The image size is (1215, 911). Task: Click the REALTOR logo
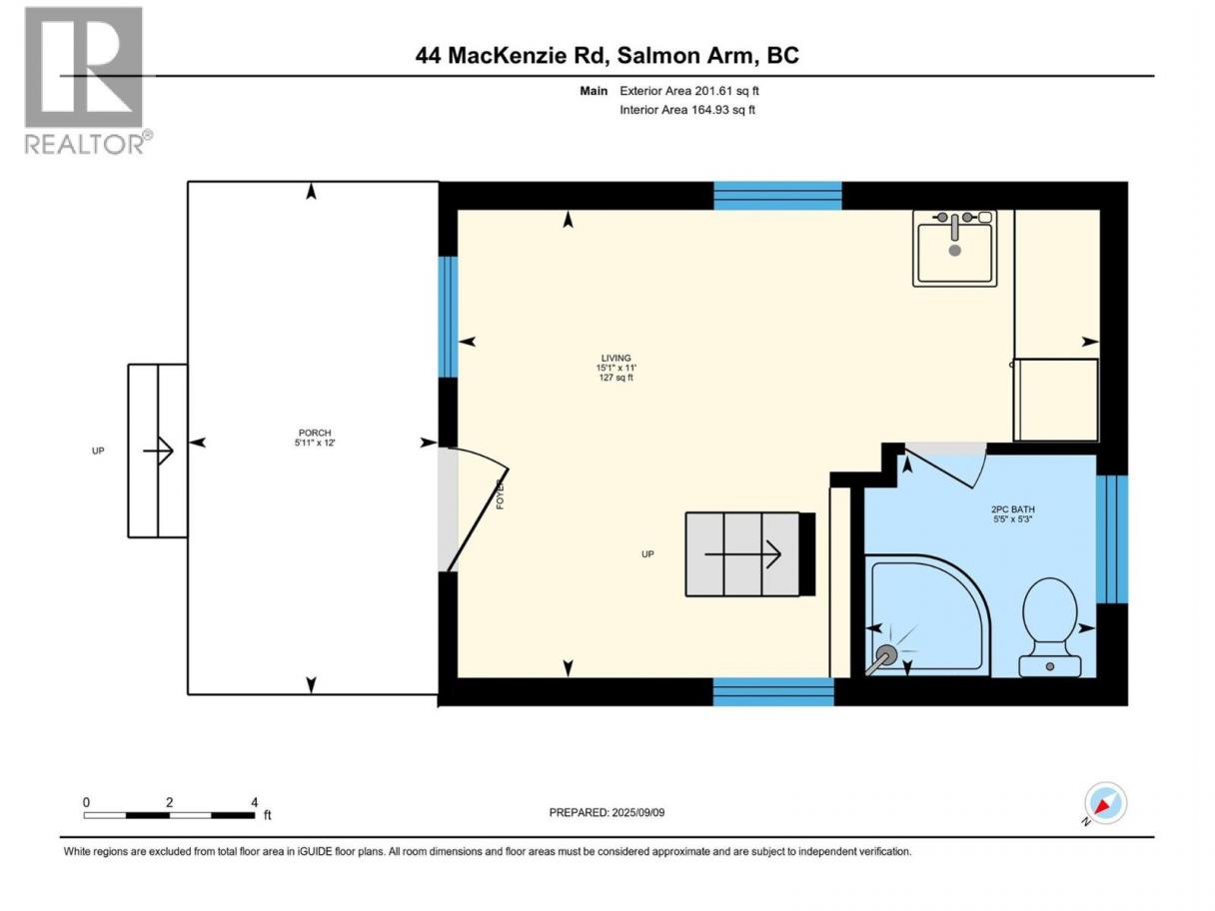tap(89, 81)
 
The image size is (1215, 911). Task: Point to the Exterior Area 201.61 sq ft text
tap(689, 91)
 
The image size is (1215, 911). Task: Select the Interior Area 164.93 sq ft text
tap(686, 110)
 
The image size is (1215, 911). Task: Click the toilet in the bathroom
tap(1050, 627)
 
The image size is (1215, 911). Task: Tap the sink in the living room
tap(955, 249)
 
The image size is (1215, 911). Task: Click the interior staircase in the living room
tap(750, 554)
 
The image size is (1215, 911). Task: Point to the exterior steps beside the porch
tap(158, 451)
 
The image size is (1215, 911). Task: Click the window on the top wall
tap(777, 196)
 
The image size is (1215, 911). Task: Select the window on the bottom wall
tap(773, 691)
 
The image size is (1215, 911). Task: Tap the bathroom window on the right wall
tap(1112, 539)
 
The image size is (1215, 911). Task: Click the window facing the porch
tap(449, 317)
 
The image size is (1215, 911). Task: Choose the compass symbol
tap(1105, 803)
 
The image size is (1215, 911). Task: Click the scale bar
tap(170, 815)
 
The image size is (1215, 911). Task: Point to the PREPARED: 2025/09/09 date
tap(607, 812)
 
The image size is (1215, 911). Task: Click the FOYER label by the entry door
tap(500, 494)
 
